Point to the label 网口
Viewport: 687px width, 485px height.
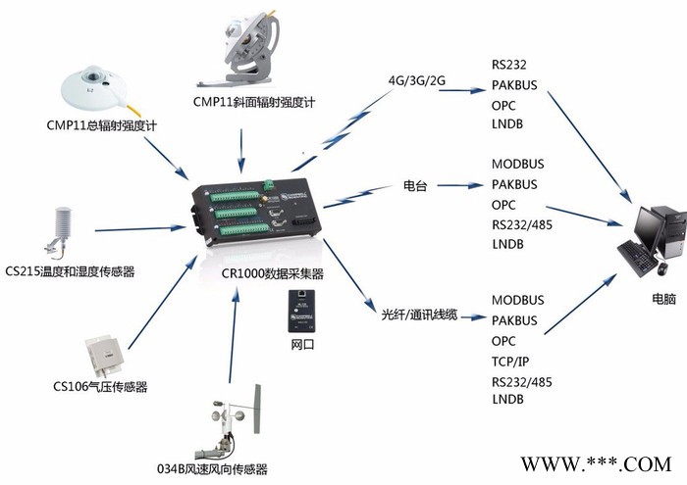[x=301, y=346]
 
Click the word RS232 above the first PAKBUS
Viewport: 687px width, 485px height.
[x=509, y=66]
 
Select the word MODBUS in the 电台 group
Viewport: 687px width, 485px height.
[x=517, y=164]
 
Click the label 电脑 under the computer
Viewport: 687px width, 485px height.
[x=662, y=299]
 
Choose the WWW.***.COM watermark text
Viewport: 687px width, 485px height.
[x=594, y=462]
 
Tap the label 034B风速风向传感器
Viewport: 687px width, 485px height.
[x=212, y=468]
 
